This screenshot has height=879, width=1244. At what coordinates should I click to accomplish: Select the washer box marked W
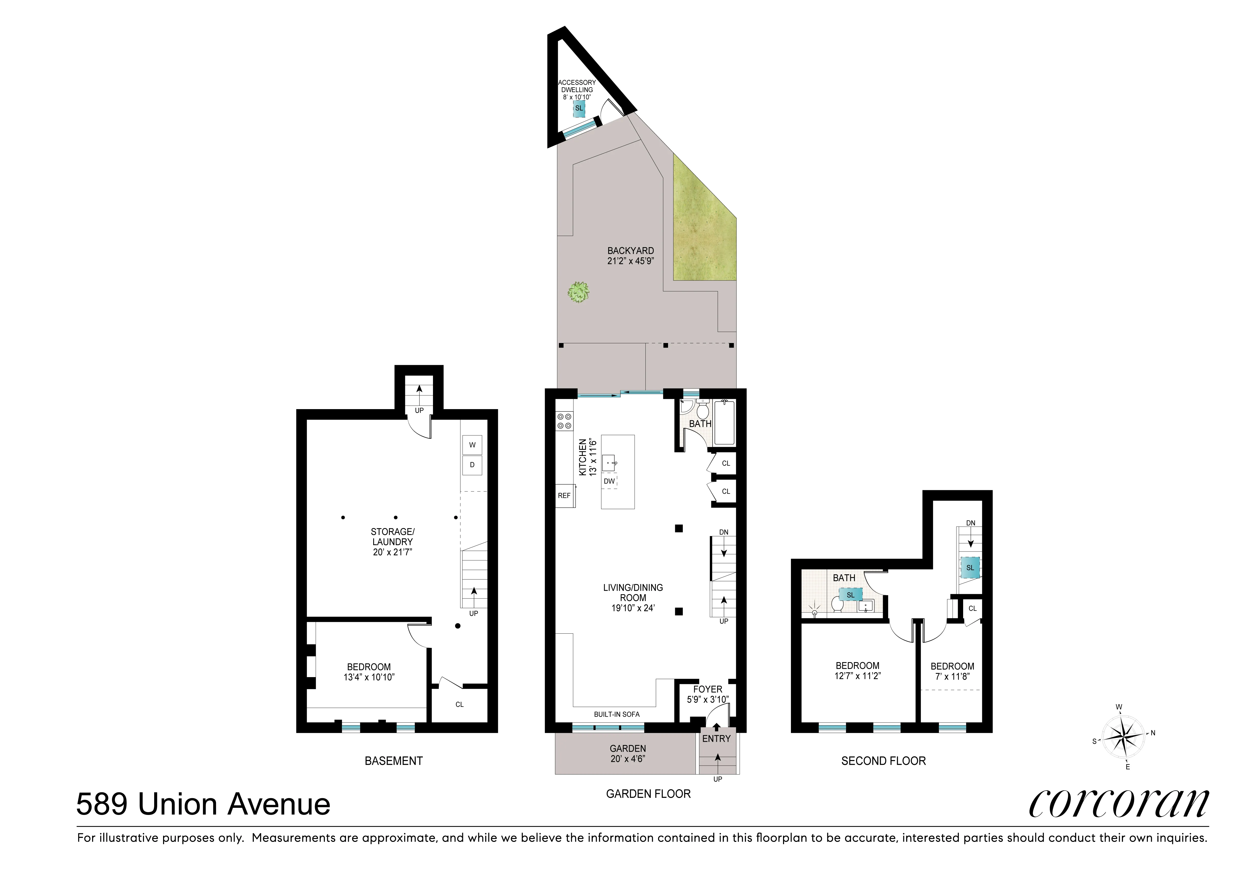coord(472,445)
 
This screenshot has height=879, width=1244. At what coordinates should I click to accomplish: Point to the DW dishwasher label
coord(609,481)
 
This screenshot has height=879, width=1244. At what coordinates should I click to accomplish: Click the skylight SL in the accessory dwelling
coord(579,108)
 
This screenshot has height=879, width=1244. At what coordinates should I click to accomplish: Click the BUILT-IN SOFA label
coord(617,714)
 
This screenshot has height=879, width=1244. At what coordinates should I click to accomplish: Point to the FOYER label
coord(708,689)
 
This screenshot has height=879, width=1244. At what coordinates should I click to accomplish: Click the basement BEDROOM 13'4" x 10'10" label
coord(369,672)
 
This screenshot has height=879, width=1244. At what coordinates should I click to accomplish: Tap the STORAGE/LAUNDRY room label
coord(392,542)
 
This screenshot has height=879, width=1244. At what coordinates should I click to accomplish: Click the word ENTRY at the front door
coord(716,739)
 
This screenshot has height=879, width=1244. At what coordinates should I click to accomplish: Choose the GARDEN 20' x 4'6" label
coord(628,753)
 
